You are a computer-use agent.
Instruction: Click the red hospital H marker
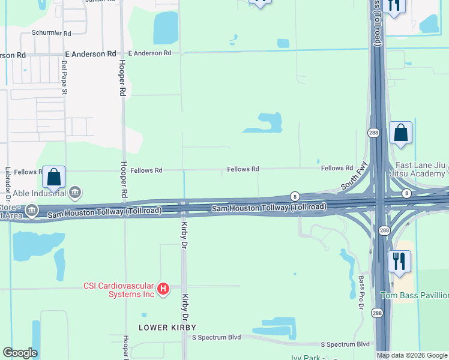[x=163, y=290]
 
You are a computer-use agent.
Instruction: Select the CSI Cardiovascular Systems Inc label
[x=118, y=290]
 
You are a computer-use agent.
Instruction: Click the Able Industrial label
[x=37, y=193]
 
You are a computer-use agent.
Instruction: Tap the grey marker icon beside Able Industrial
[x=75, y=193]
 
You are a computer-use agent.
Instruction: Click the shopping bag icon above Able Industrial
[x=53, y=178]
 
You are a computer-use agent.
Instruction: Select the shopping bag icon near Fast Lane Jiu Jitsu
[x=400, y=133]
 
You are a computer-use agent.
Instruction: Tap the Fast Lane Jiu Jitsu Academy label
[x=421, y=170]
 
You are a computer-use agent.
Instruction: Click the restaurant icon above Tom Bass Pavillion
[x=399, y=262]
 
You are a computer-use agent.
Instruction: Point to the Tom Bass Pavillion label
[x=414, y=295]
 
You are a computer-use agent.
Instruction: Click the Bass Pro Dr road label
[x=361, y=292]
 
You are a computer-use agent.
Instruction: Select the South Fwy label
[x=354, y=178]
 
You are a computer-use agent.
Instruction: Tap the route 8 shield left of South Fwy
[x=295, y=196]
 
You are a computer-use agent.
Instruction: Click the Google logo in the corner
[x=20, y=353]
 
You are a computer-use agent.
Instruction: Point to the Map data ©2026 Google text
[x=412, y=355]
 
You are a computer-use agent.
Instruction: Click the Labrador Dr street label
[x=8, y=183]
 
